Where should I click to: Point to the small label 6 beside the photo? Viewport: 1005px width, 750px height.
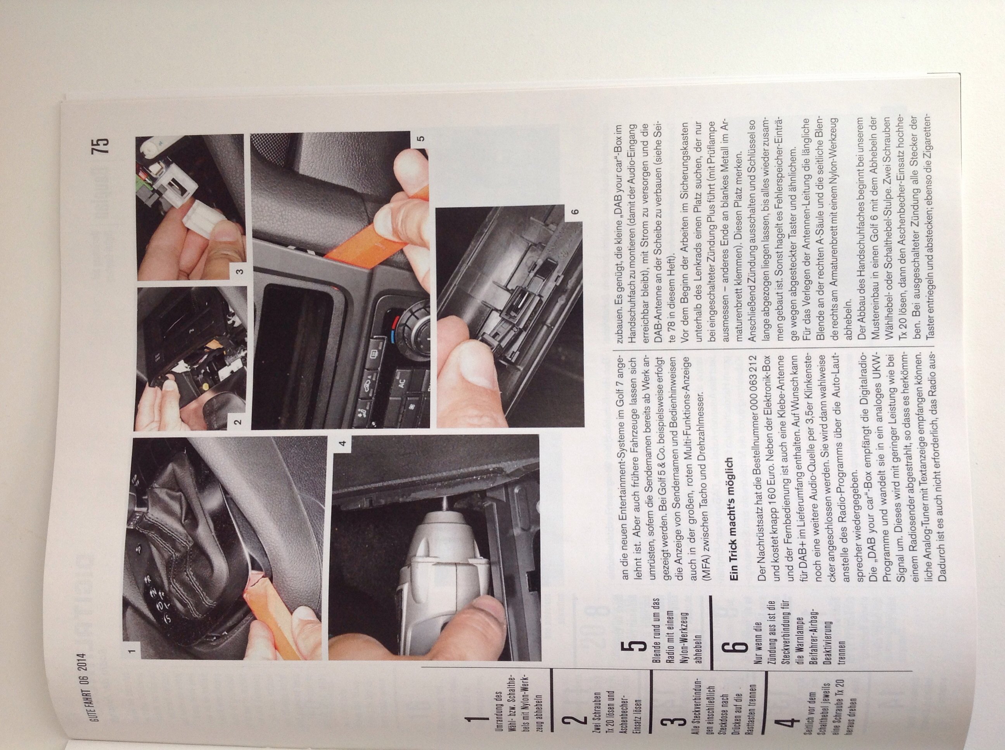pyautogui.click(x=575, y=212)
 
